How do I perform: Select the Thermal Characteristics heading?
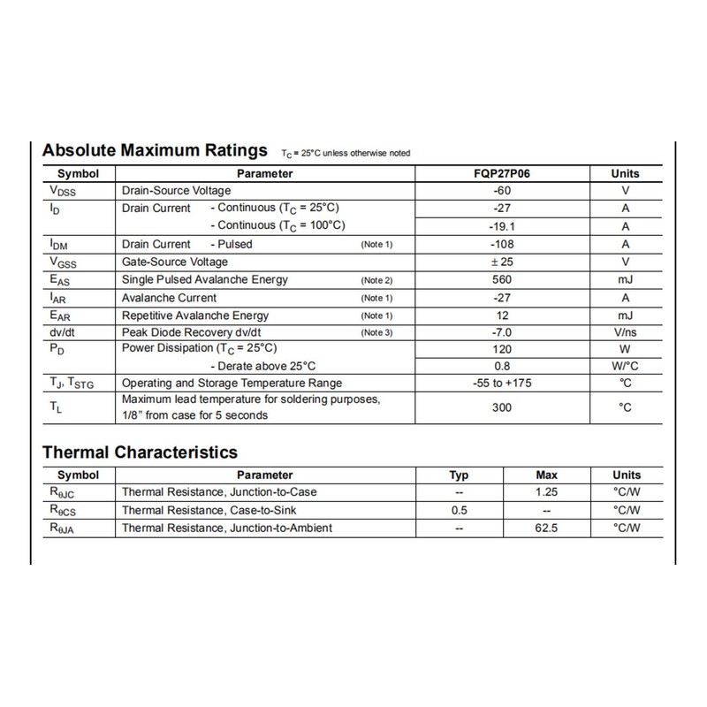pos(140,452)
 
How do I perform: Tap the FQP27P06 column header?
pos(503,174)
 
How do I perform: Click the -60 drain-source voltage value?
pos(503,191)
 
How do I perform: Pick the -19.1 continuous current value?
pos(503,225)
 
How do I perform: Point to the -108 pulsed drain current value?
pos(503,244)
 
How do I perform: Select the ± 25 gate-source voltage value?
pos(503,262)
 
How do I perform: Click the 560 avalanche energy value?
pos(503,279)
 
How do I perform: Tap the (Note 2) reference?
pos(376,280)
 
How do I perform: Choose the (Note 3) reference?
pos(376,333)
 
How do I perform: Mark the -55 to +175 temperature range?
pos(503,383)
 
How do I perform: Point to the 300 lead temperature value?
pos(503,407)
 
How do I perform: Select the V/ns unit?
pos(625,333)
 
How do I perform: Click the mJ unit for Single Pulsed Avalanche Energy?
pos(625,279)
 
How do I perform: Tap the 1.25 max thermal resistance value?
pos(547,491)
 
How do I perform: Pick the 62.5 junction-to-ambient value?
pos(547,528)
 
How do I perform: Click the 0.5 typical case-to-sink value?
pos(459,510)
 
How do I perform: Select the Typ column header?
pos(459,475)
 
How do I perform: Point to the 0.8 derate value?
pos(503,365)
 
